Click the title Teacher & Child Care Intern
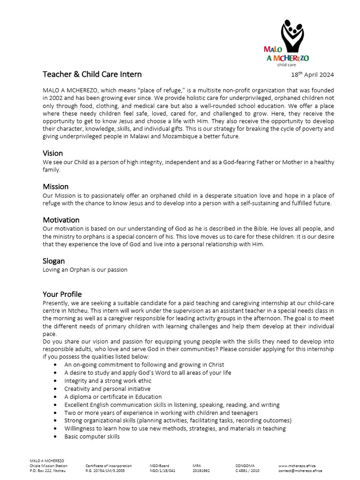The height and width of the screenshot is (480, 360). point(92,74)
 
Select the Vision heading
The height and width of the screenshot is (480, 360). point(52,153)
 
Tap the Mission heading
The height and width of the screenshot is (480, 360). point(56,187)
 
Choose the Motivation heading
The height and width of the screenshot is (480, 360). point(61,220)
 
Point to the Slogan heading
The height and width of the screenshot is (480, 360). point(54,261)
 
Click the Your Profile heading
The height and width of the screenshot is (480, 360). point(62,294)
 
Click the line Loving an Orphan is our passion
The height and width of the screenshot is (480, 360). point(85,270)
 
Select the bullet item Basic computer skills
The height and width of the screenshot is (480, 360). point(92,436)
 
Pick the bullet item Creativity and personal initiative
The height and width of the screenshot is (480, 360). point(107,389)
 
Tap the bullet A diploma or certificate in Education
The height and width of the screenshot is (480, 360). point(113,397)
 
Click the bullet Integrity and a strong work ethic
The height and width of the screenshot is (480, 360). point(108,381)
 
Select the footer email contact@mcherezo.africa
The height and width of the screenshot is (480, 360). point(300,471)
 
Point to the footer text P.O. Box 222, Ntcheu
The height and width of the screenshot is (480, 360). point(46,471)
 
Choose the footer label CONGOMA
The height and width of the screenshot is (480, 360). point(245,466)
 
